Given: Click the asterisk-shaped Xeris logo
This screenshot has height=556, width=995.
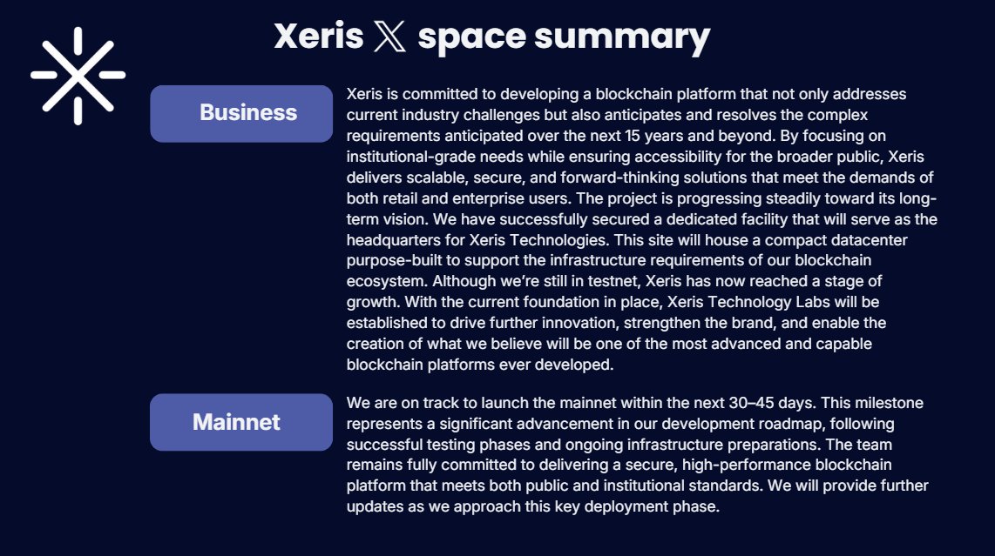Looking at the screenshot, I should (x=78, y=75).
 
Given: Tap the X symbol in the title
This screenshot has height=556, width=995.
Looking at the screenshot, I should (x=384, y=37).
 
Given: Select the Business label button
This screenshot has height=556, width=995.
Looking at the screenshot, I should (x=241, y=113).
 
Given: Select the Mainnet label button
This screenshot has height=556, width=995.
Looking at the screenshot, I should (x=241, y=422).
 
